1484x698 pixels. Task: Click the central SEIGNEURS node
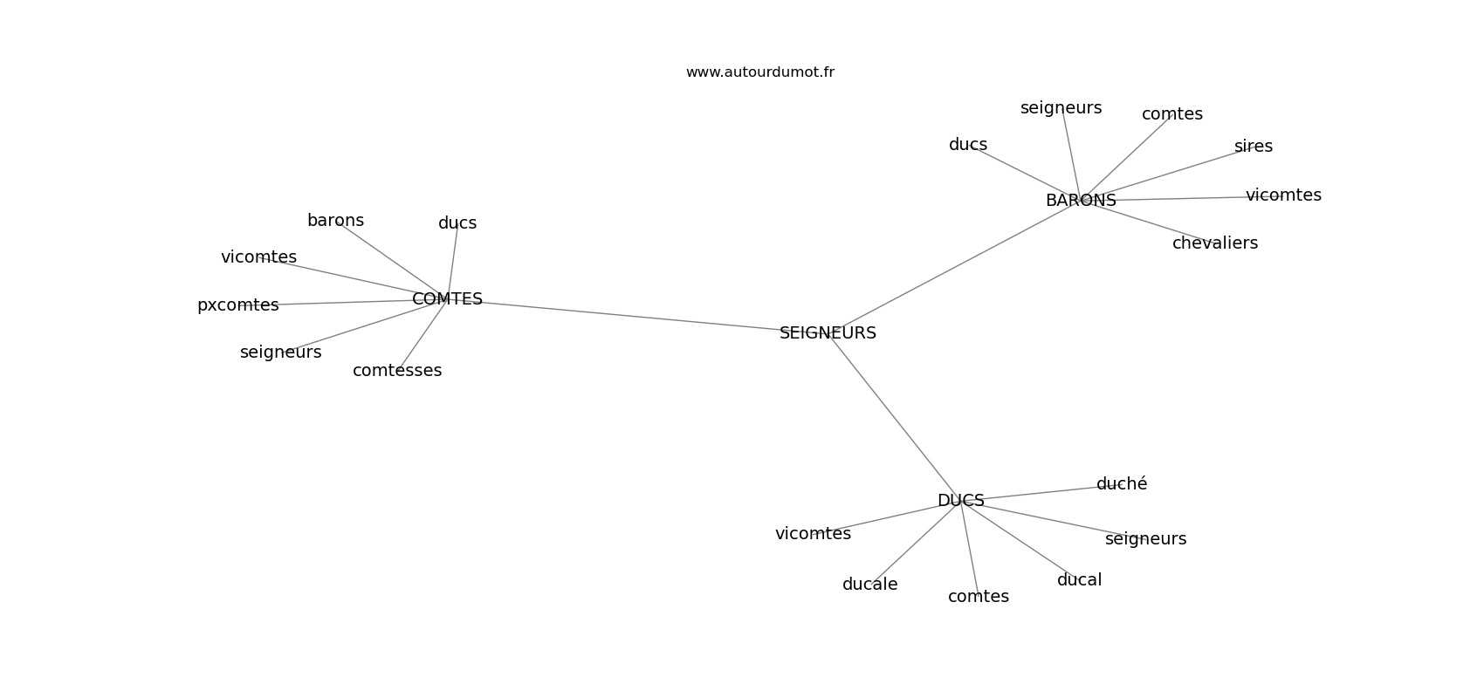click(x=828, y=333)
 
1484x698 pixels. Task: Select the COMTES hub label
click(x=447, y=298)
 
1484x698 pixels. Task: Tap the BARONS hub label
click(x=1081, y=200)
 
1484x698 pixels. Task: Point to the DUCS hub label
click(x=960, y=501)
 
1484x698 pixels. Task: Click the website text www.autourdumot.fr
click(x=759, y=72)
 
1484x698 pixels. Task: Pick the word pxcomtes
click(x=237, y=305)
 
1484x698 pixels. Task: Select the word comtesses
click(x=397, y=370)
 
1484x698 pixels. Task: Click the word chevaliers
click(x=1215, y=243)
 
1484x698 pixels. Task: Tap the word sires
click(x=1254, y=146)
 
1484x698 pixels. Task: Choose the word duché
click(x=1122, y=483)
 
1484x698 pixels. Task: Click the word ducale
click(x=869, y=584)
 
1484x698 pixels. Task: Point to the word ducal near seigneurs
click(x=1079, y=579)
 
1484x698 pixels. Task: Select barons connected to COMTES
click(x=335, y=220)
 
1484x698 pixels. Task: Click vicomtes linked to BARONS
click(x=1283, y=195)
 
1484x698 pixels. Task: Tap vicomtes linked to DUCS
click(x=813, y=533)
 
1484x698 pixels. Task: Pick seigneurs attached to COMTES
click(x=280, y=352)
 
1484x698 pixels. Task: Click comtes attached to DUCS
click(x=979, y=596)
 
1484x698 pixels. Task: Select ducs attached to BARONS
click(x=968, y=144)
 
